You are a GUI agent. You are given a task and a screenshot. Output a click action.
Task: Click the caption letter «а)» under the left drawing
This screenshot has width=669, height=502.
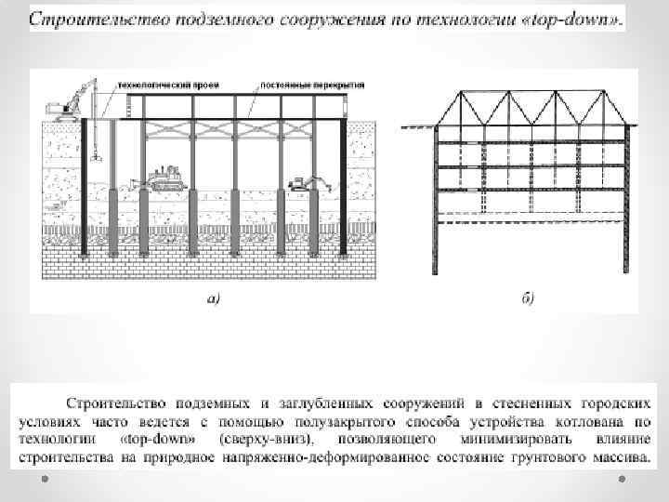coord(213,298)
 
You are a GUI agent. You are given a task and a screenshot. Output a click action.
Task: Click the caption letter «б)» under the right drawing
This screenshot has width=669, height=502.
coord(527,298)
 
